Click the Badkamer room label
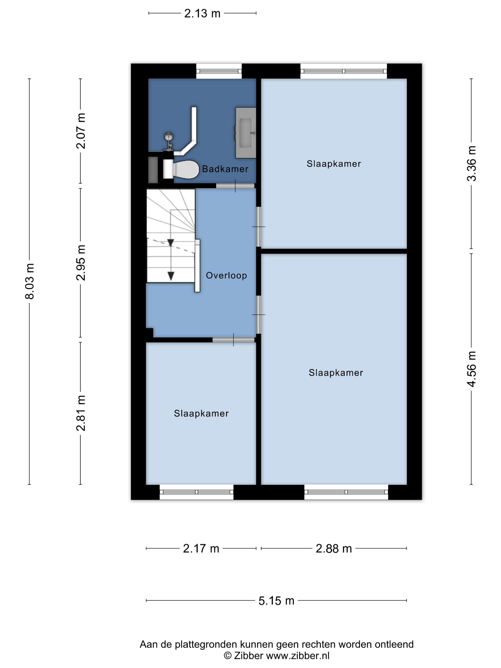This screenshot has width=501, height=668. coord(225,169)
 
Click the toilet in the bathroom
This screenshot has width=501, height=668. coord(181,169)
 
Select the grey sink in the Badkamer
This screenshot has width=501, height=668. coord(245,133)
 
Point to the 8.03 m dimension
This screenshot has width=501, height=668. coord(30,281)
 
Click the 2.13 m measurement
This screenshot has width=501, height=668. coord(202,14)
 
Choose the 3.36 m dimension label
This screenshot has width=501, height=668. coord(471,163)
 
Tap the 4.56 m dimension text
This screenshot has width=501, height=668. coord(471,369)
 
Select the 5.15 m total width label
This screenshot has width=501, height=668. coord(276,601)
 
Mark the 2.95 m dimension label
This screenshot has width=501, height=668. coord(81,263)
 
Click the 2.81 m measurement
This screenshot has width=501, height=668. coord(81,413)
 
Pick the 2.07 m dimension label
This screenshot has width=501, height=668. coord(81,131)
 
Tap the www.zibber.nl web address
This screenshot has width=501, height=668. coord(298,656)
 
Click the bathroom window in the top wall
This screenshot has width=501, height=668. coord(219,71)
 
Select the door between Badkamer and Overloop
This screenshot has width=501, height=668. coord(235,186)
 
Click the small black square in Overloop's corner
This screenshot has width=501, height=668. coord(150,333)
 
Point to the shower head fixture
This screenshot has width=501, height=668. coord(168,136)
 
